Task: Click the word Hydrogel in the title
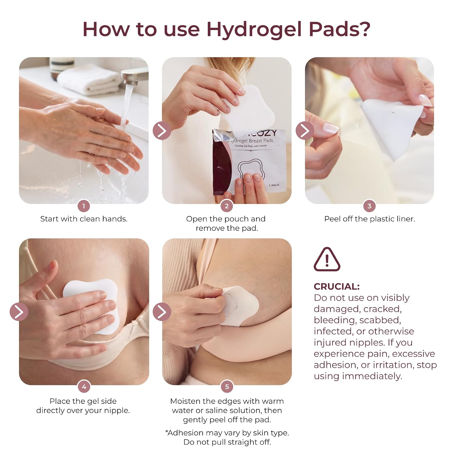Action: [x=255, y=30]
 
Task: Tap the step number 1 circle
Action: [x=84, y=206]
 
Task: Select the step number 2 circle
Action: [x=227, y=206]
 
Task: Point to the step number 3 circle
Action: [x=369, y=206]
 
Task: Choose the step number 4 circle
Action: [x=84, y=387]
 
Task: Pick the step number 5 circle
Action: [x=227, y=387]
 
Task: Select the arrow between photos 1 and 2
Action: [x=162, y=130]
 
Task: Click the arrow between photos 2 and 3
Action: [x=305, y=130]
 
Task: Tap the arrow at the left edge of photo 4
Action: [x=19, y=311]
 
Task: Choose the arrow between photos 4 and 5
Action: [x=162, y=311]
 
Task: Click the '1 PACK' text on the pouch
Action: [x=274, y=185]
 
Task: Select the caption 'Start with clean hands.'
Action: [x=84, y=219]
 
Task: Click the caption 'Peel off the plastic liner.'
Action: [x=370, y=219]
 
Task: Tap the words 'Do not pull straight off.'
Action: [x=227, y=442]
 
